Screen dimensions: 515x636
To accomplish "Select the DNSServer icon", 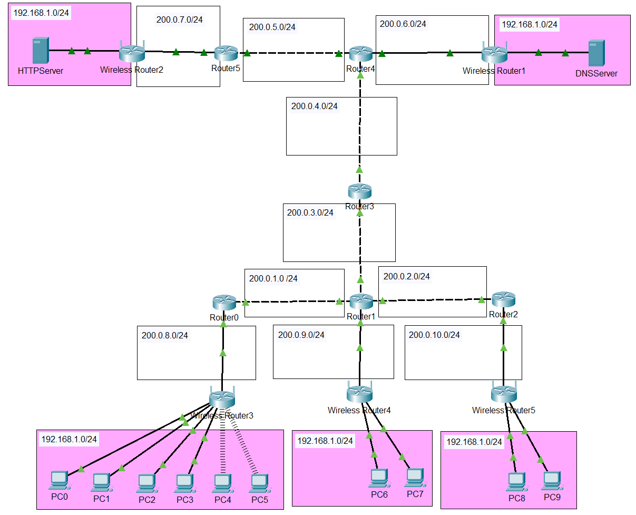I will [x=596, y=53].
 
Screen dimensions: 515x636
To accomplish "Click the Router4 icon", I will [x=360, y=53].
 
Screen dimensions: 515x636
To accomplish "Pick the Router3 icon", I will [x=359, y=191].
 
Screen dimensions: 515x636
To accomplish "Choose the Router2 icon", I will [x=504, y=300].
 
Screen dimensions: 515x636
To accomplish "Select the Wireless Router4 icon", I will [x=360, y=393].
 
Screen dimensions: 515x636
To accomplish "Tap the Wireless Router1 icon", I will [x=494, y=53].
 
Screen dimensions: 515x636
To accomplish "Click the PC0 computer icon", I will [x=58, y=481].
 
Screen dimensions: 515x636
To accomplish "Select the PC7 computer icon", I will [x=415, y=478].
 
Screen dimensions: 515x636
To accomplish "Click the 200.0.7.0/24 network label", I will [x=180, y=20].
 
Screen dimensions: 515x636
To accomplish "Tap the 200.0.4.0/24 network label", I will [x=315, y=106].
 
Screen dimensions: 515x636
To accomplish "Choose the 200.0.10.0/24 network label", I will [x=434, y=335].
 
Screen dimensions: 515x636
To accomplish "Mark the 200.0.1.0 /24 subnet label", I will [x=273, y=278].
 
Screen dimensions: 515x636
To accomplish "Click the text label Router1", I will [x=360, y=317].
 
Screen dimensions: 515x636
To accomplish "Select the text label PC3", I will [x=185, y=500].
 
